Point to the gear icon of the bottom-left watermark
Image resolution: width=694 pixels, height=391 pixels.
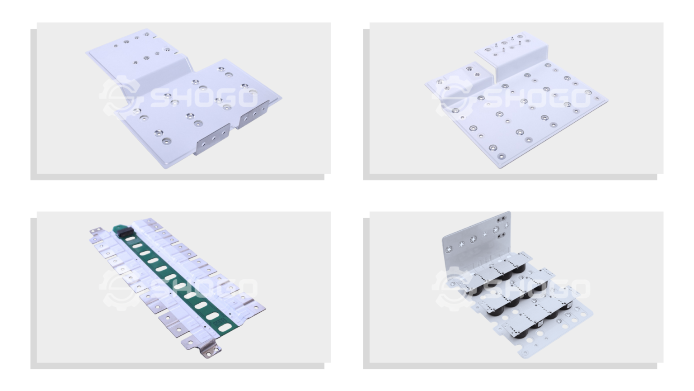pos(117,287)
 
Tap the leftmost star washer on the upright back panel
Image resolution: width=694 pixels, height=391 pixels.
pos(450,249)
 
